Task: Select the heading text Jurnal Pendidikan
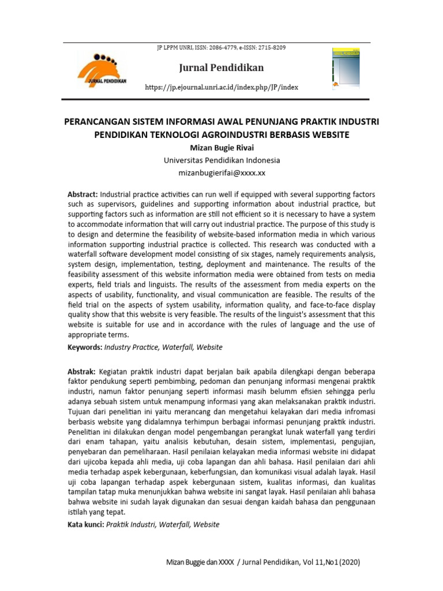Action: tap(221, 68)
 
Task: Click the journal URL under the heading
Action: tap(221, 88)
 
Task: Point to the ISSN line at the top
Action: tap(221, 48)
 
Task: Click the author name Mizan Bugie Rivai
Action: tap(221, 148)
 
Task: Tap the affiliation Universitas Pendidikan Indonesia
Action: tap(221, 160)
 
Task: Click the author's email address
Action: tap(221, 173)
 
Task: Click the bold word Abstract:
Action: tap(83, 194)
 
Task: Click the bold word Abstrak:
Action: tap(82, 372)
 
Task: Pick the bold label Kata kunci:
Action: tap(86, 525)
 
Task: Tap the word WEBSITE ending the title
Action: tap(330, 135)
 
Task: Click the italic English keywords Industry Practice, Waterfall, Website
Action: tap(163, 347)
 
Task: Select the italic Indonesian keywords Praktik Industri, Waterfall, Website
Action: tap(163, 525)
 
